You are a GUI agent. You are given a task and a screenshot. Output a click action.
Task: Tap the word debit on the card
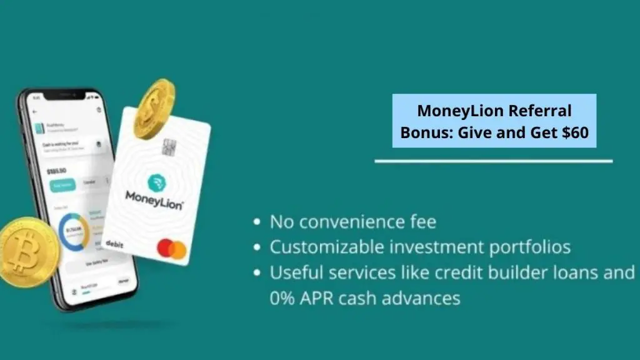114,244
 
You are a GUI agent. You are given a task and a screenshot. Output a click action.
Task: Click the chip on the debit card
167,147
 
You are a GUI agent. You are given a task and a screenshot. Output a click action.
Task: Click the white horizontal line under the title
493,161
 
